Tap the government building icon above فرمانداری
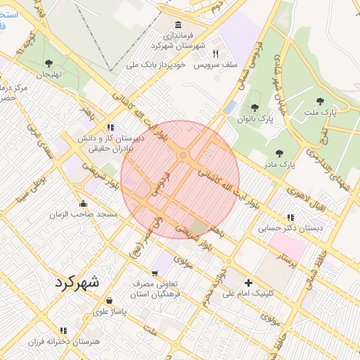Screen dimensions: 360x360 [178, 25]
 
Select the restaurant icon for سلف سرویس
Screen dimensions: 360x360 [216, 53]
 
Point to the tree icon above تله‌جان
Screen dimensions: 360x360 [49, 63]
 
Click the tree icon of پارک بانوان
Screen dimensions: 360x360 [255, 108]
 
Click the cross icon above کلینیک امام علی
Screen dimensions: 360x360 [248, 283]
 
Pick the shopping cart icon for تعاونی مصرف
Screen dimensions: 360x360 [155, 273]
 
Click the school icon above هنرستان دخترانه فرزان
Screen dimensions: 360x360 [63, 330]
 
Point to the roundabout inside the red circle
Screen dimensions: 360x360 [183, 155]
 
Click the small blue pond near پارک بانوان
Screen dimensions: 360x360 [231, 107]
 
